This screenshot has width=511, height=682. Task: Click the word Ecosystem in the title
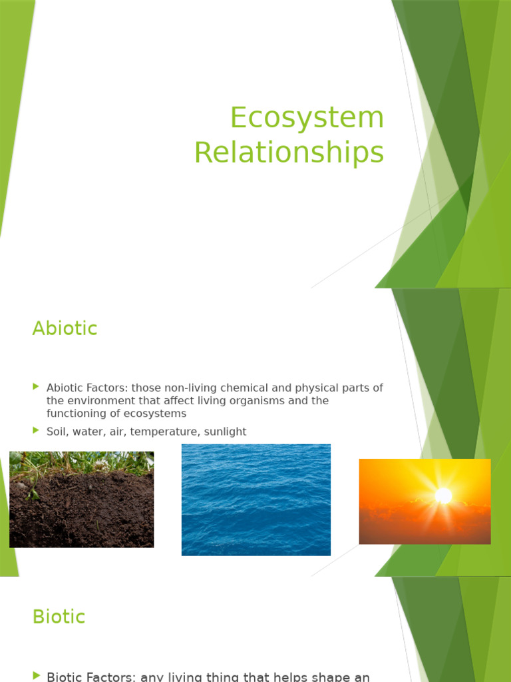pyautogui.click(x=307, y=119)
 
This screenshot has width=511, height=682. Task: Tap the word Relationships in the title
pyautogui.click(x=289, y=153)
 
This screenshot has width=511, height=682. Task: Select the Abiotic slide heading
pyautogui.click(x=65, y=328)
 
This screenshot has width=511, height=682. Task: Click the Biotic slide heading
pyautogui.click(x=59, y=617)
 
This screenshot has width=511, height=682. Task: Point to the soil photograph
pyautogui.click(x=81, y=506)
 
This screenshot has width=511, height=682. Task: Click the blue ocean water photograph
pyautogui.click(x=256, y=500)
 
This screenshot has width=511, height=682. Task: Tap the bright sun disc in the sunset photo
pyautogui.click(x=443, y=496)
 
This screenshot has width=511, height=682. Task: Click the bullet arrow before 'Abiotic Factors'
pyautogui.click(x=36, y=387)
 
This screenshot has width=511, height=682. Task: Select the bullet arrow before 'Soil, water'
pyautogui.click(x=36, y=431)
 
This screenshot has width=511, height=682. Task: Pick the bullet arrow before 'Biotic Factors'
pyautogui.click(x=36, y=676)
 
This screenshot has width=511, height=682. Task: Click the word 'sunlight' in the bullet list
pyautogui.click(x=224, y=432)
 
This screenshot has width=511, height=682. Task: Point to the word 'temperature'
pyautogui.click(x=158, y=432)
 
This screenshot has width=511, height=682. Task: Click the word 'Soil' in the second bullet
pyautogui.click(x=57, y=432)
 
